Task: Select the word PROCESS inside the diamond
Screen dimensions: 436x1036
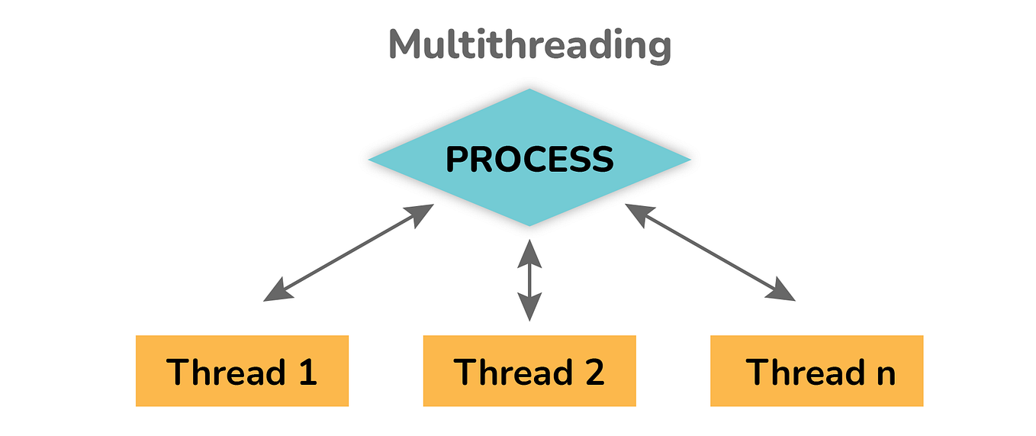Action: [x=529, y=160]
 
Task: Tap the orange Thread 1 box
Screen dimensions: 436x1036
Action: [x=242, y=371]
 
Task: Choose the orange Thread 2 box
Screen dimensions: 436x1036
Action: [x=529, y=371]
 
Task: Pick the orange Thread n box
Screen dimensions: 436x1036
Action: [x=816, y=371]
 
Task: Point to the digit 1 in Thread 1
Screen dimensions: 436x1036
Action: [x=306, y=372]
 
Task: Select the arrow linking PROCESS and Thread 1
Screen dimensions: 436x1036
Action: [x=349, y=252]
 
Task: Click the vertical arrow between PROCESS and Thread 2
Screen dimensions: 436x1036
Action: [x=529, y=279]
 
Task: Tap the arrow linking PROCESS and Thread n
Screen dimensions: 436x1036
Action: [x=709, y=252]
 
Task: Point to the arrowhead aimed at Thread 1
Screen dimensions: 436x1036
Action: [x=275, y=292]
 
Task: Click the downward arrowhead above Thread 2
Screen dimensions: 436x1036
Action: [x=529, y=309]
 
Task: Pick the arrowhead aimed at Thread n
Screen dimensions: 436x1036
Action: [x=784, y=292]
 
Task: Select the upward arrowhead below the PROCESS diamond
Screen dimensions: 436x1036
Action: [x=529, y=250]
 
